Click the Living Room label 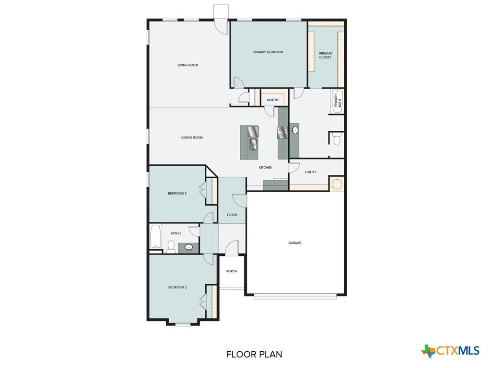click(x=188, y=65)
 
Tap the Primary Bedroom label click(x=268, y=52)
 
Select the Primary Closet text click(x=326, y=56)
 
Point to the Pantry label click(x=273, y=100)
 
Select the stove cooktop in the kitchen click(x=283, y=133)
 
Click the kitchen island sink click(x=253, y=145)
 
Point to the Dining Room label click(x=192, y=138)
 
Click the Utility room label click(x=311, y=172)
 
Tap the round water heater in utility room click(x=337, y=184)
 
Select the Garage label click(x=295, y=243)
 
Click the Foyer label click(x=232, y=215)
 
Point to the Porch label click(x=232, y=271)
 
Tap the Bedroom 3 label click(x=177, y=194)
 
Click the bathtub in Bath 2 click(x=156, y=236)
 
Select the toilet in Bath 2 click(x=171, y=247)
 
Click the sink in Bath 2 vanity click(x=188, y=248)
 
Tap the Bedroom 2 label click(x=177, y=287)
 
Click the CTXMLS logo click(x=450, y=351)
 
